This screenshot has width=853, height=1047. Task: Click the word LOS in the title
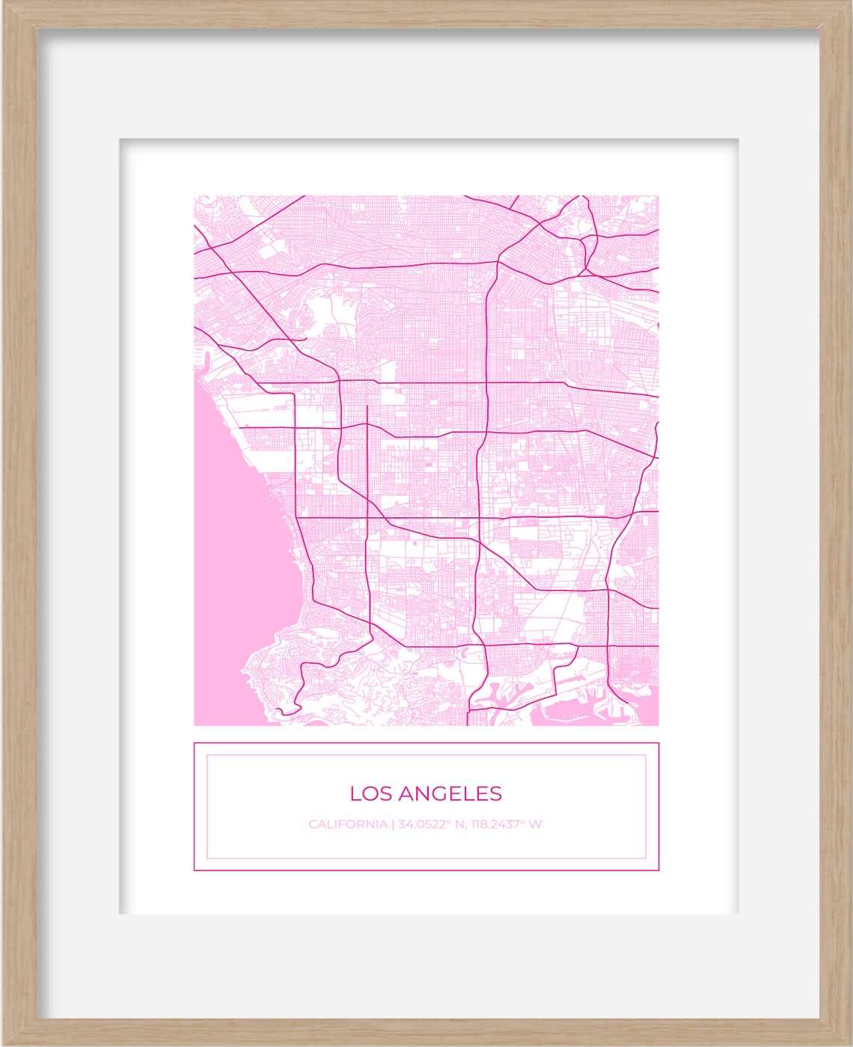coord(368,793)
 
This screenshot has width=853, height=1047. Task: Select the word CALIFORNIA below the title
coord(347,825)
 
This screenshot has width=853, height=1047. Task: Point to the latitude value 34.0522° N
coord(432,825)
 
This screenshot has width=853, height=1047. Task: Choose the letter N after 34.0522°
coord(461,825)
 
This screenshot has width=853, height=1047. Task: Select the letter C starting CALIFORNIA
coord(313,825)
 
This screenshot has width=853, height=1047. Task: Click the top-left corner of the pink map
coord(195,196)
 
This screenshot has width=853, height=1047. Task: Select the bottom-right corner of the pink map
coord(658,725)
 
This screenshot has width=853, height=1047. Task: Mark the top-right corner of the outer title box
coord(658,743)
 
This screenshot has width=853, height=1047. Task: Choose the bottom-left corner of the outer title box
coord(195,870)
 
